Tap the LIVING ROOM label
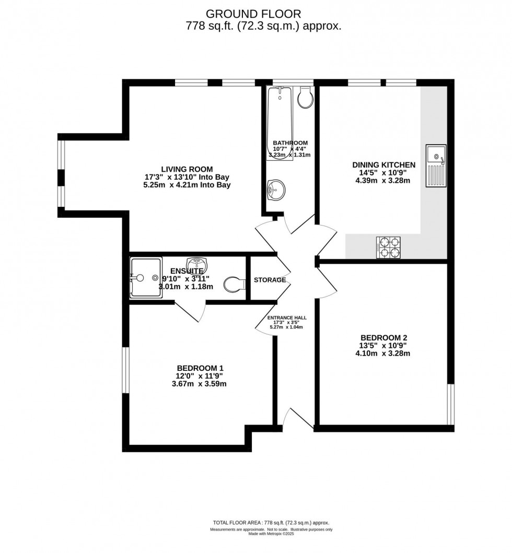tap(187, 169)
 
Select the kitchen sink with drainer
tap(436, 166)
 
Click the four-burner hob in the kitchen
tap(389, 248)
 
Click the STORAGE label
tap(270, 280)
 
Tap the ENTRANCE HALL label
tap(287, 317)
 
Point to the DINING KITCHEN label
tap(383, 165)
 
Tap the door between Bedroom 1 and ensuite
tap(189, 311)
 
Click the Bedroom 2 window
tap(451, 405)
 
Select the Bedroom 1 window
tap(125, 370)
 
